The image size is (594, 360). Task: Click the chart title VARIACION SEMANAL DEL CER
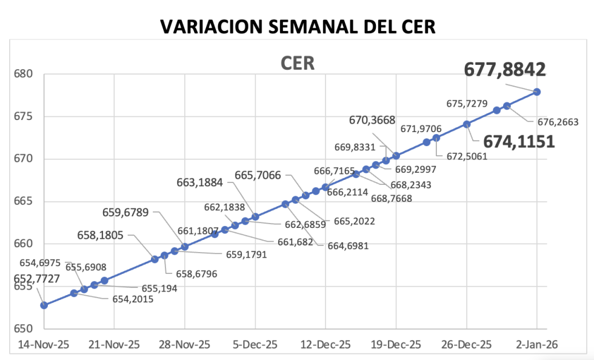coord(297,27)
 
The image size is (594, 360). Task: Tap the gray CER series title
coord(297,64)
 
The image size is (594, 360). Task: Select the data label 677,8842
coord(505,70)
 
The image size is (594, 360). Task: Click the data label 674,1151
coord(519,142)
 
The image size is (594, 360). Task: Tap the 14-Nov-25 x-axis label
coord(44,344)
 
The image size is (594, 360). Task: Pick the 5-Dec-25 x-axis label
coord(255,344)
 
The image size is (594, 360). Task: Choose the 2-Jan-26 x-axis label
coord(537,344)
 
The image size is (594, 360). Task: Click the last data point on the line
coord(537,92)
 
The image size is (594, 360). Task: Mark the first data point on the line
coord(44,305)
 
